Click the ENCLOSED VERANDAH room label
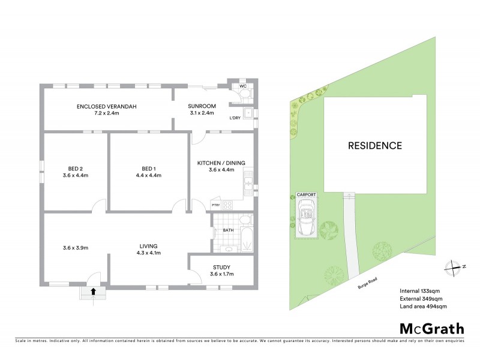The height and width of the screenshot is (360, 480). tap(107, 107)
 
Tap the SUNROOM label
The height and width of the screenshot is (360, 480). tap(202, 107)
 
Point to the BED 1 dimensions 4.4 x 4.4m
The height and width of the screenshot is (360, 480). tap(148, 175)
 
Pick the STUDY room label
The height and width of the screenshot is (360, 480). tap(221, 268)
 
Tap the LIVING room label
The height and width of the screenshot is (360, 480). tap(148, 246)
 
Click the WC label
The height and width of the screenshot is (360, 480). tap(243, 86)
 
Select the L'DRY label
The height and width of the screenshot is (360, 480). tap(235, 118)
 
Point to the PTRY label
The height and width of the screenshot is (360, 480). tap(216, 206)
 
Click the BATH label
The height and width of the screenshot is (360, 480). tap(228, 230)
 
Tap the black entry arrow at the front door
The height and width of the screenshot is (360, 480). tap(93, 292)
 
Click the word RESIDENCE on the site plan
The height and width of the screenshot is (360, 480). tap(375, 145)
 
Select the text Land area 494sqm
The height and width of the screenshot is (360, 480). tap(423, 306)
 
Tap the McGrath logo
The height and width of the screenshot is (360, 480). tap(432, 328)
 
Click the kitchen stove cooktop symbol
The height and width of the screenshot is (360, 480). tap(227, 205)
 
